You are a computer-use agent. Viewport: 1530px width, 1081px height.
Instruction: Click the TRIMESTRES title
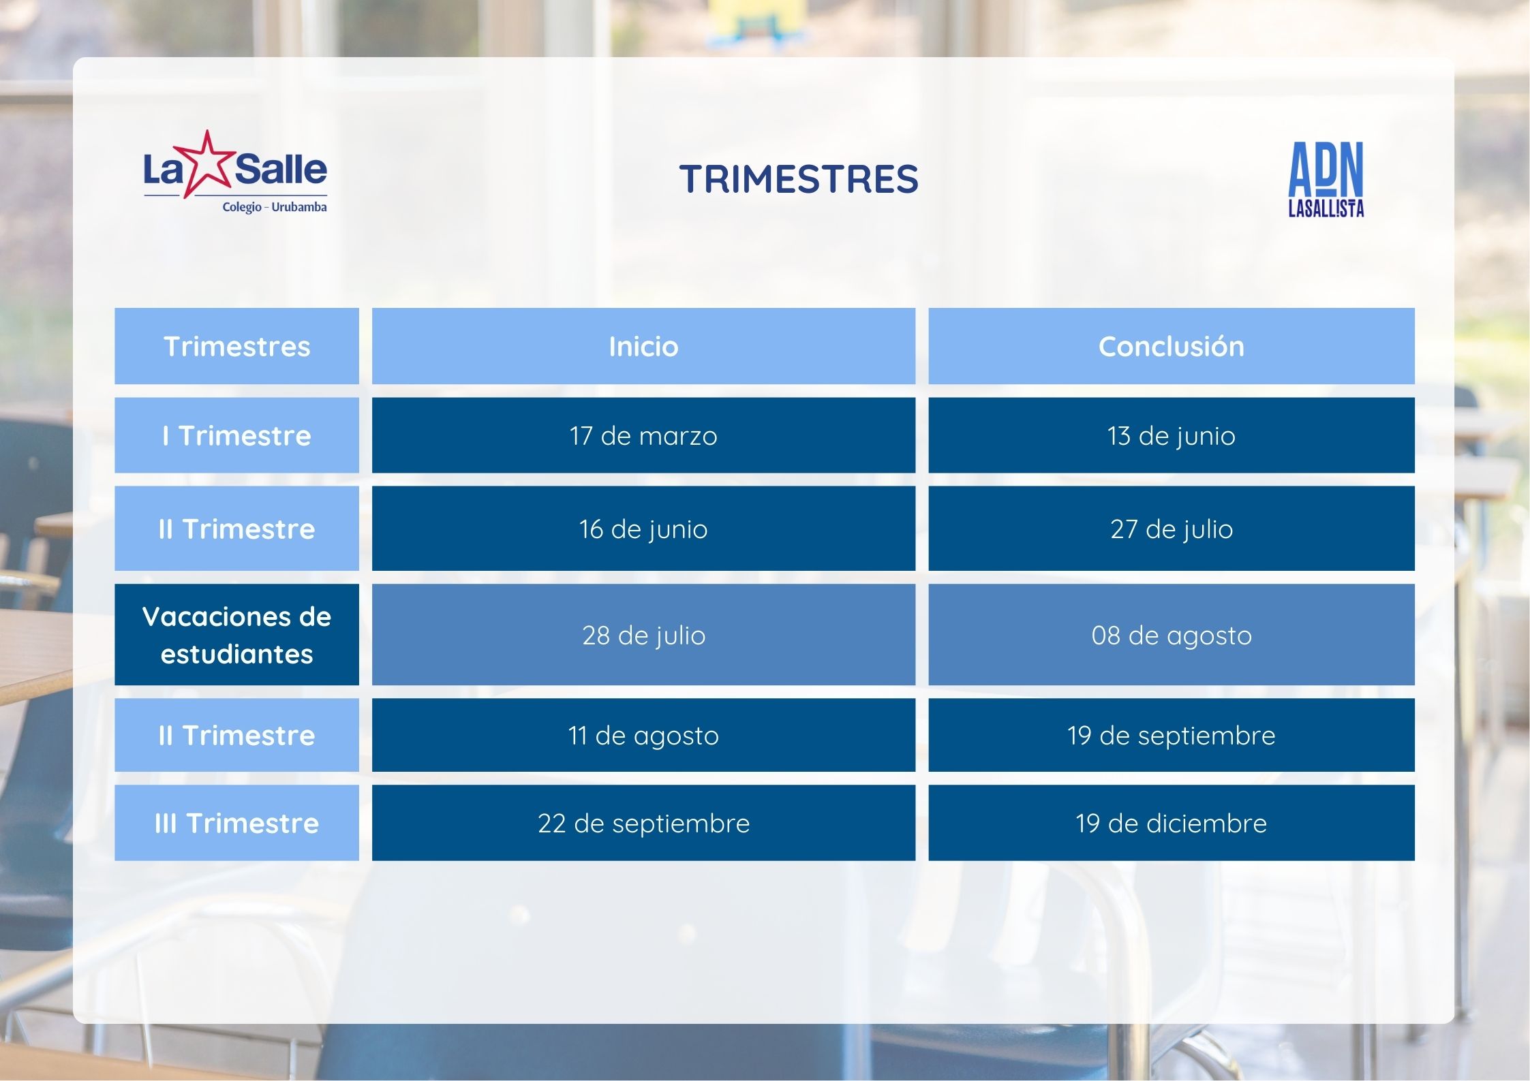[798, 179]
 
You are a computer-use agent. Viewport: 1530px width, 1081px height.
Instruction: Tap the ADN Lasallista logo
[1326, 180]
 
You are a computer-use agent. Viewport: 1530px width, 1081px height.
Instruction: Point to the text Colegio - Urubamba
[275, 207]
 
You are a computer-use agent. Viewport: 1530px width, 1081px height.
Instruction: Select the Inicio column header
[643, 347]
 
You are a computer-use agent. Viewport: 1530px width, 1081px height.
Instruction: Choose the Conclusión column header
[1171, 347]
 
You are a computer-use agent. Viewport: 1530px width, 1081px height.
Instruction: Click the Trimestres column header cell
[236, 347]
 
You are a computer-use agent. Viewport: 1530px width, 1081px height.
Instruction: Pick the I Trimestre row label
[236, 435]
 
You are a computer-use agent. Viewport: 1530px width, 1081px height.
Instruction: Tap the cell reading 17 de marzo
[643, 435]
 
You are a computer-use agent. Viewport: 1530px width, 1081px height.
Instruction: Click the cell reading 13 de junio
[1171, 435]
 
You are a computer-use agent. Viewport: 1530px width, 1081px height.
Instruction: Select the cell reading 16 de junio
[643, 529]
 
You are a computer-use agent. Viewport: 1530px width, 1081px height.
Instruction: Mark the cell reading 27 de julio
[1171, 529]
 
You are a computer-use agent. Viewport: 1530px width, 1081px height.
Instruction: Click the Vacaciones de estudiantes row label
[236, 635]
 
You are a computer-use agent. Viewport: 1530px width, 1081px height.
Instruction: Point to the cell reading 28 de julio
[643, 635]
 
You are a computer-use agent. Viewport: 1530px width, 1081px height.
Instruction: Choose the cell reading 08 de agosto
[1171, 635]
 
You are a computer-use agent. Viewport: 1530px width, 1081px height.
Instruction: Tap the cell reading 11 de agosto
[643, 735]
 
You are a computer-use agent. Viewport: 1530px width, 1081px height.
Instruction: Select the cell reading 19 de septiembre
[1171, 735]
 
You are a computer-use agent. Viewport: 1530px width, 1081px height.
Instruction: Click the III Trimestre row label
[236, 823]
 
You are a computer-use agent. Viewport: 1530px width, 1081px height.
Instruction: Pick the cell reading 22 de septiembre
[643, 823]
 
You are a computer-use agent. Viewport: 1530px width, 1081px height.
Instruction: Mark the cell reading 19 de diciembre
[1171, 823]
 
